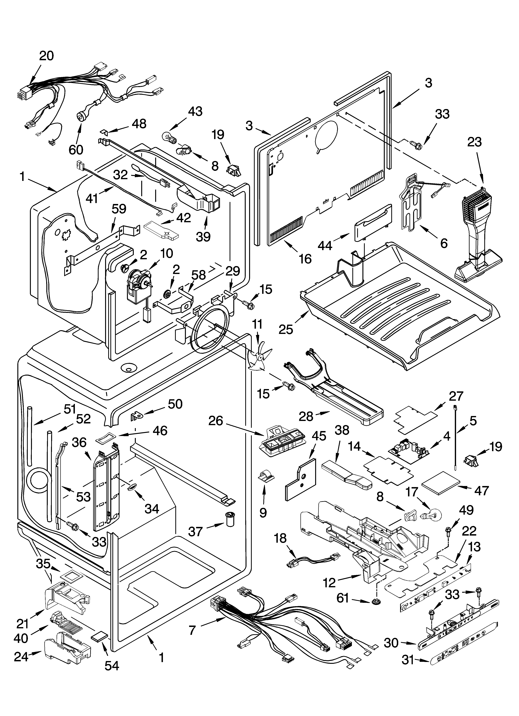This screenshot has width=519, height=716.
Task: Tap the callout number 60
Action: coord(76,150)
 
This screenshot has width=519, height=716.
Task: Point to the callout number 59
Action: coord(119,209)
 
